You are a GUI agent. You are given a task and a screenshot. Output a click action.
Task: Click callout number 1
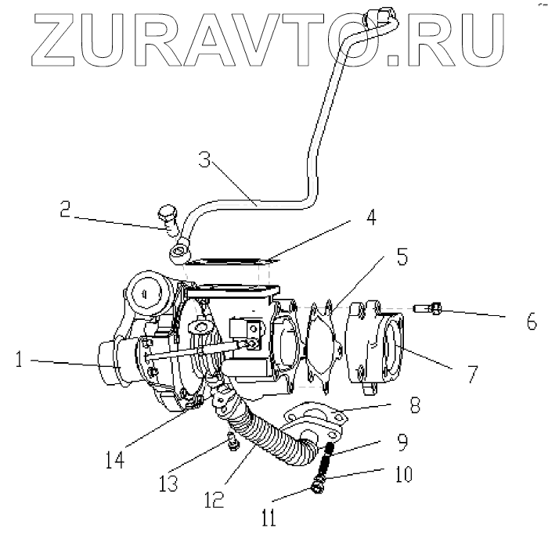pos(20,361)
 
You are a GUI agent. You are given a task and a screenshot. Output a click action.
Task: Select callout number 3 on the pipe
pos(204,162)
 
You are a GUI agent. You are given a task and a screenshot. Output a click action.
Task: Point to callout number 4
pos(371,217)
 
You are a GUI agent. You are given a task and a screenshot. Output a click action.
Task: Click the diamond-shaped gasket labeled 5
pos(324,344)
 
